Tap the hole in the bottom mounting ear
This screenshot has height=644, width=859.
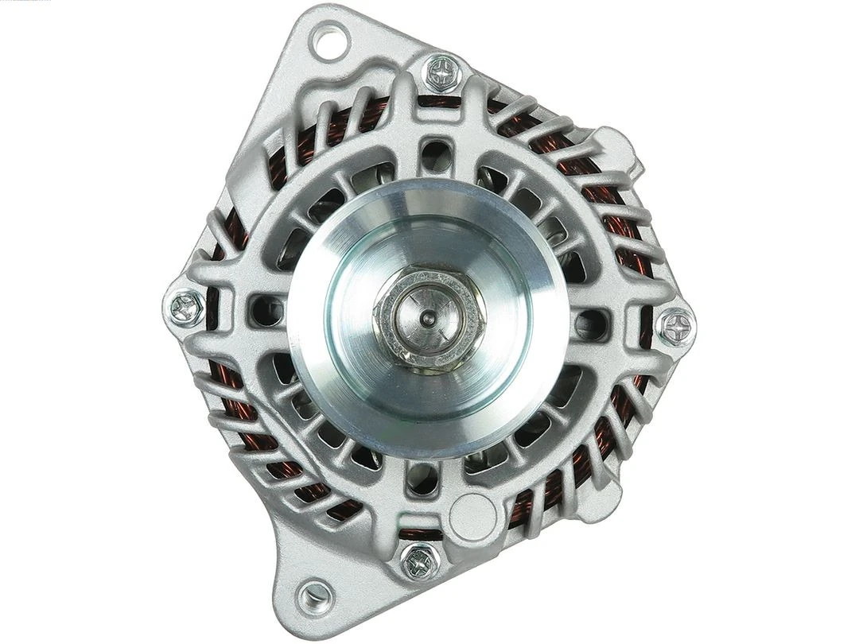click(315, 594)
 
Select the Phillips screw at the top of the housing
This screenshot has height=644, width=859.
click(442, 73)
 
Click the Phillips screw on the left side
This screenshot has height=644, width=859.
click(187, 307)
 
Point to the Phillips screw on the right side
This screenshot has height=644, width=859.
click(676, 325)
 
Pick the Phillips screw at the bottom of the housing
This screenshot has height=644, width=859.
click(419, 561)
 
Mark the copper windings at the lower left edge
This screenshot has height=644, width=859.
click(239, 413)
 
